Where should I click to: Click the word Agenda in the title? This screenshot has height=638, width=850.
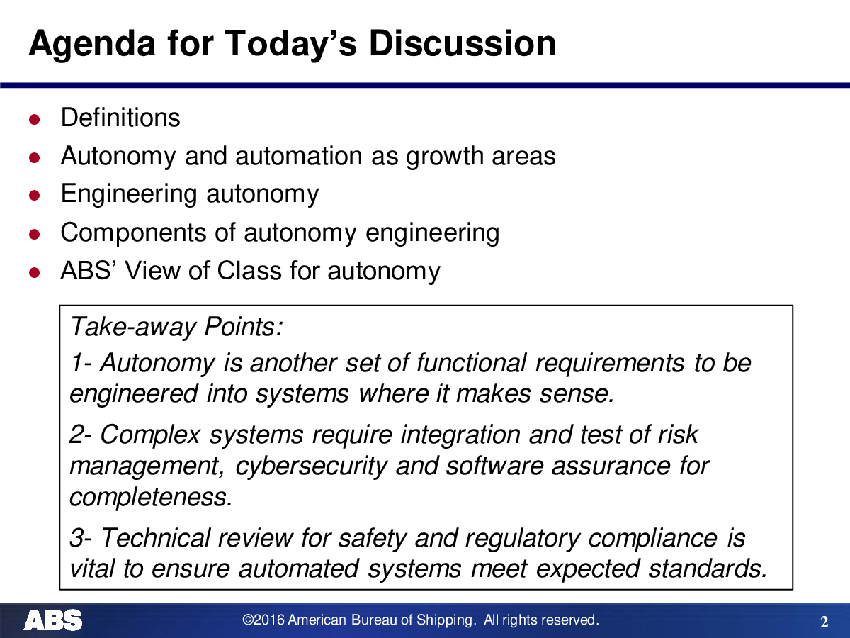(92, 45)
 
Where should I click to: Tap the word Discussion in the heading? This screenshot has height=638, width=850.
(463, 43)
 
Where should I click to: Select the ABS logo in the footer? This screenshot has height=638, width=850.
(53, 620)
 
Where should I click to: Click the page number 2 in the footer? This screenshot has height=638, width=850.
(824, 622)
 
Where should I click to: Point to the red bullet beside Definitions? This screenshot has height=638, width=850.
(35, 119)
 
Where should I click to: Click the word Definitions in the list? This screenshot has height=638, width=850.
(120, 118)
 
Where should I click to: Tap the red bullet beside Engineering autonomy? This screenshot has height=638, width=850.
(35, 195)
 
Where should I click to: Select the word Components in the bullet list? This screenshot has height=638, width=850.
(133, 233)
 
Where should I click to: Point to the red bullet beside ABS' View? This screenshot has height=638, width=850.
(35, 272)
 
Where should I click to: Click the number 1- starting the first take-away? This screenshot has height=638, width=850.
(81, 364)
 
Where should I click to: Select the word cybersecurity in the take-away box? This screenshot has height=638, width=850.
(311, 466)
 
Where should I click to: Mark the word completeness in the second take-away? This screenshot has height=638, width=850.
(151, 497)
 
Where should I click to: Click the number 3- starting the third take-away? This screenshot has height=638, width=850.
(81, 539)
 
